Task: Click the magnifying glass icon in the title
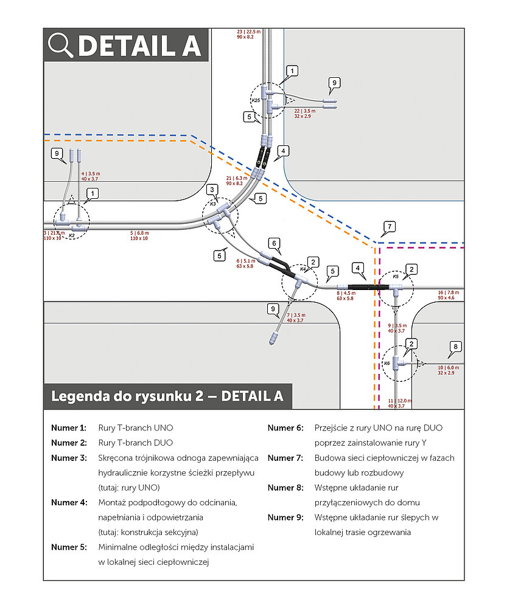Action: click(x=61, y=45)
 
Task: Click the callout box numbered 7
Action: click(x=390, y=227)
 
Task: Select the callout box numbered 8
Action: click(x=455, y=348)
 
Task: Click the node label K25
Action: click(x=256, y=100)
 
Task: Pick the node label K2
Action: click(x=71, y=235)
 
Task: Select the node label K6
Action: click(x=386, y=363)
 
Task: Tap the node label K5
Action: click(x=395, y=277)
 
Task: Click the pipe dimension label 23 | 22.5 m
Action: click(x=248, y=32)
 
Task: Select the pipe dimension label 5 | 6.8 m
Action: click(x=139, y=233)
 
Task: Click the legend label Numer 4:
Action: click(x=69, y=503)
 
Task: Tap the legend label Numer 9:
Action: click(x=285, y=517)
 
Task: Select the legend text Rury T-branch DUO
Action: click(x=135, y=443)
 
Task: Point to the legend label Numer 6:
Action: click(x=285, y=428)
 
